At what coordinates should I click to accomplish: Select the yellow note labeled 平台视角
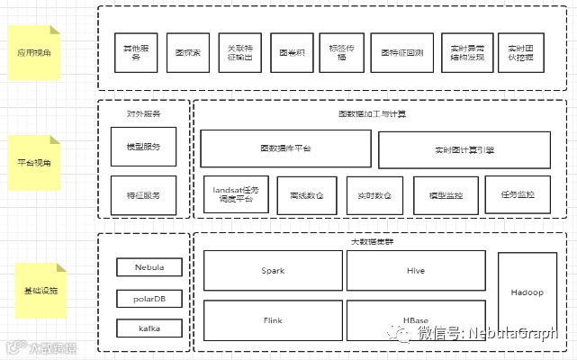(x=34, y=163)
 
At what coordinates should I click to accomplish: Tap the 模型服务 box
(x=143, y=147)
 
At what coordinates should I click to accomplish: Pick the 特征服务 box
(x=143, y=194)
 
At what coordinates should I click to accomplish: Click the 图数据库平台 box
(x=285, y=148)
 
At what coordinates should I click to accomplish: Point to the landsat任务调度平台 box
(x=234, y=195)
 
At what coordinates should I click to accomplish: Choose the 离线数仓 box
(x=307, y=195)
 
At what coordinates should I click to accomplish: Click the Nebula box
(x=149, y=267)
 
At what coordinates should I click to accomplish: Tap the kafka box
(x=149, y=328)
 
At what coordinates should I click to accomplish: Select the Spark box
(x=273, y=270)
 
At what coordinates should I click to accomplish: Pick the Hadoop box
(x=527, y=293)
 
